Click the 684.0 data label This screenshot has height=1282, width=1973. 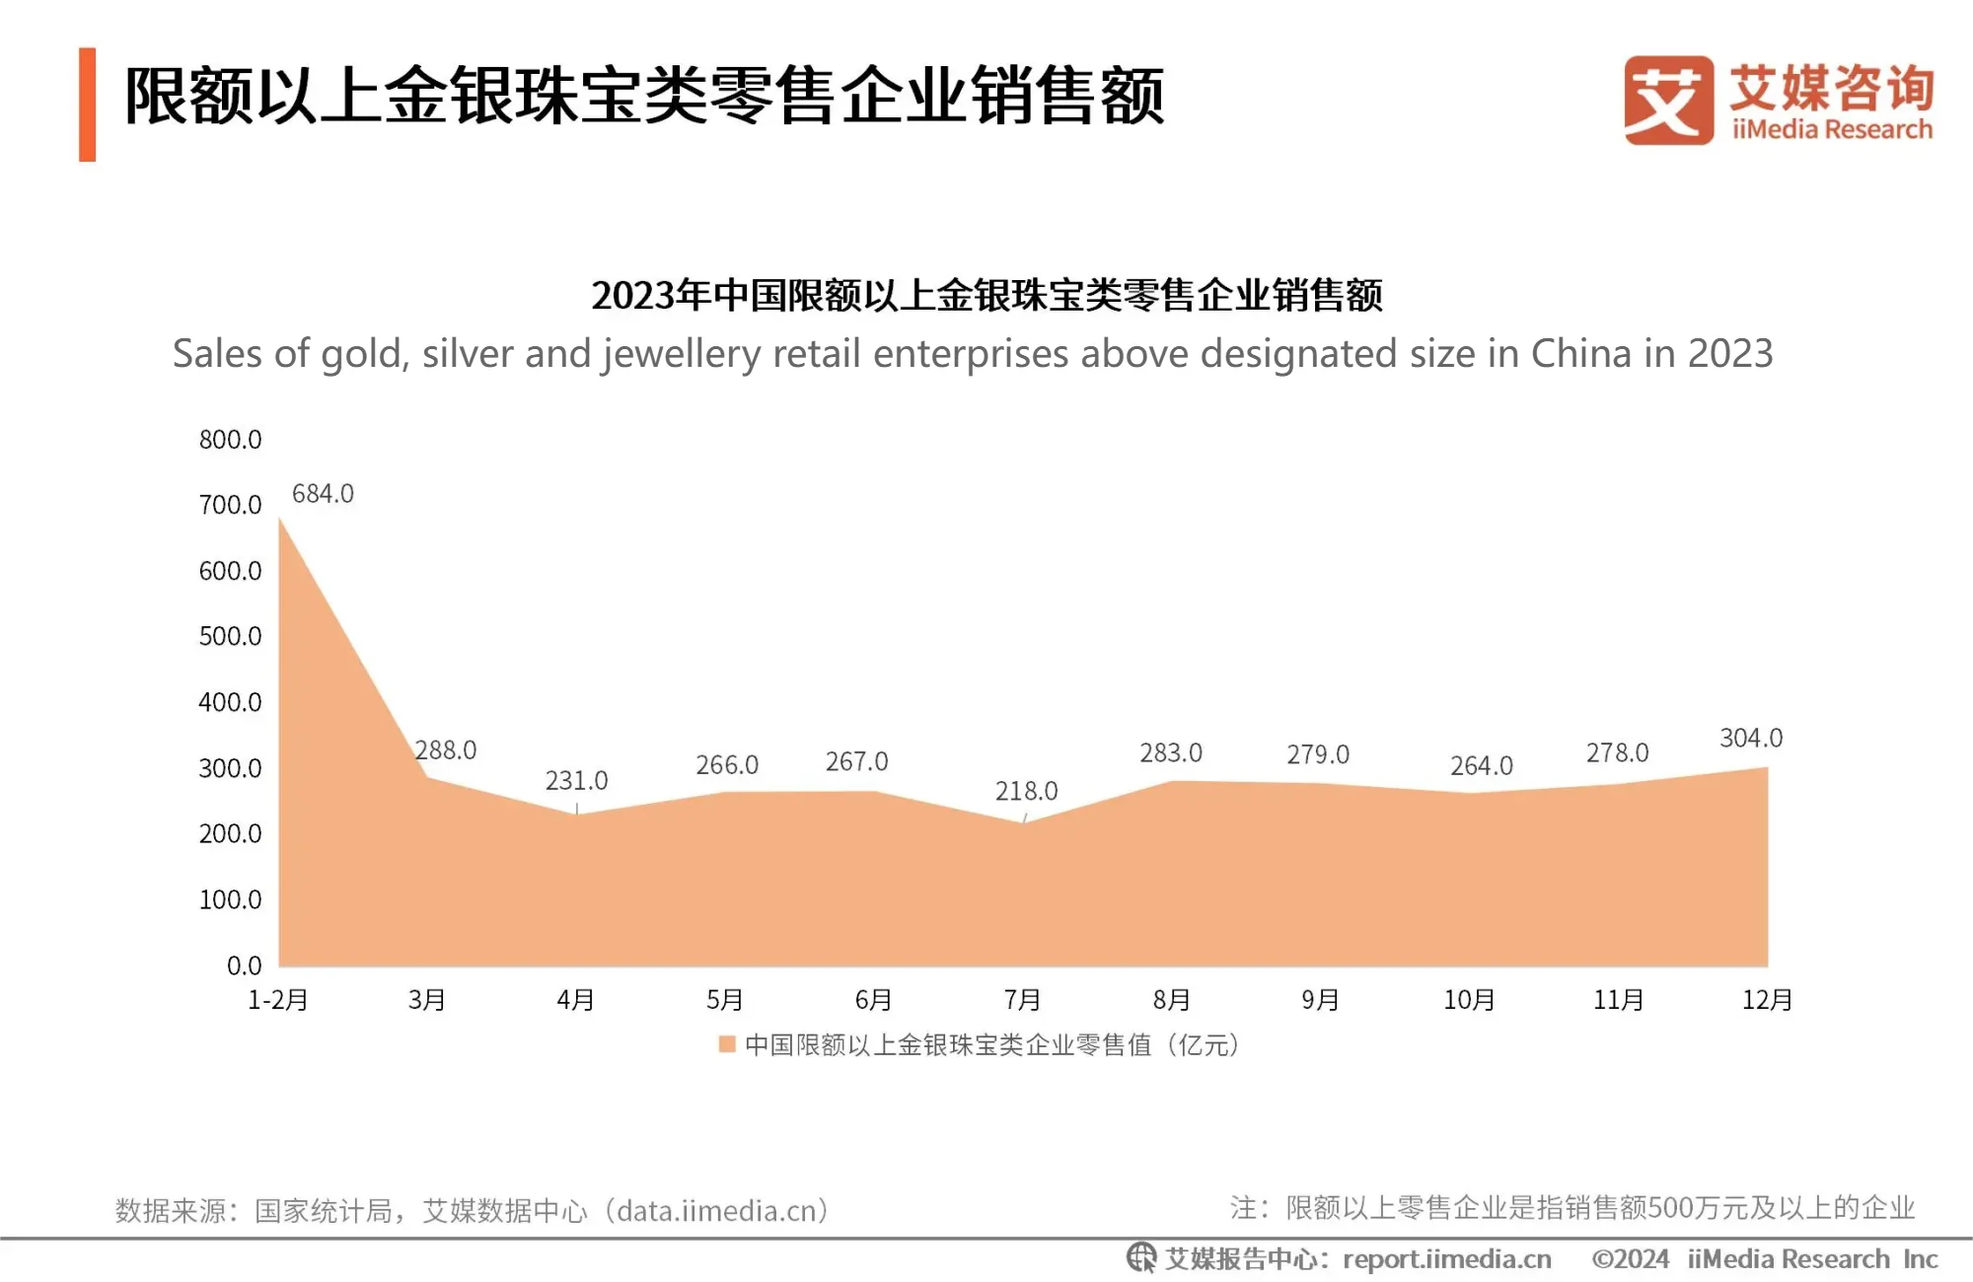point(323,493)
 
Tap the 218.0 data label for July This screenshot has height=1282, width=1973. point(1026,791)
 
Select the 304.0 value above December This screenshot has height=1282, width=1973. point(1751,738)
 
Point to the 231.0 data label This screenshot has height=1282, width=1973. point(576,780)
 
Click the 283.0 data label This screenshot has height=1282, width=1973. point(1171,752)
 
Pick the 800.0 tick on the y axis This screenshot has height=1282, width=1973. point(230,439)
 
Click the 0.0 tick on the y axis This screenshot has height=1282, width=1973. point(244,965)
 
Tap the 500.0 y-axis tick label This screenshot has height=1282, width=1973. point(230,636)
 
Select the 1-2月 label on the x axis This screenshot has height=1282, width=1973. point(278,1000)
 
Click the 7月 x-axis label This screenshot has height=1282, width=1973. point(1023,1000)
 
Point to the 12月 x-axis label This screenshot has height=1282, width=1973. point(1767,1000)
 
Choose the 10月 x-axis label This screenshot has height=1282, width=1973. point(1469,1000)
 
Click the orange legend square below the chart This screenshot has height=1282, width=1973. point(727,1044)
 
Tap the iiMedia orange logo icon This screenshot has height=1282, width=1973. point(1668,101)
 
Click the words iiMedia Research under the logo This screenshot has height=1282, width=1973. point(1832,129)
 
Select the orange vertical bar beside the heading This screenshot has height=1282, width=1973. point(88,105)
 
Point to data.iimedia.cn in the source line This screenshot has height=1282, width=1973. point(717,1210)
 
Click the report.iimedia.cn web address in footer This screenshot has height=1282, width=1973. point(1446,1259)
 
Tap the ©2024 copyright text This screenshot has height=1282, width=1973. point(1630,1259)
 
